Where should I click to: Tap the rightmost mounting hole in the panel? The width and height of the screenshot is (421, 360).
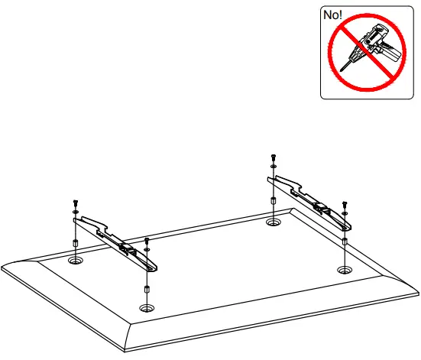tap(344, 271)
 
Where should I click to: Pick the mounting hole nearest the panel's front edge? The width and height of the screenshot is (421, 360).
tap(146, 307)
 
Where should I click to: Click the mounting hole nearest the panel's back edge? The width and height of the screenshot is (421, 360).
tap(273, 222)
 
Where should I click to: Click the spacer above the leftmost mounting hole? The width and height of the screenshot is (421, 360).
tap(75, 245)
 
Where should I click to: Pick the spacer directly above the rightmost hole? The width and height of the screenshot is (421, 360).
tap(345, 242)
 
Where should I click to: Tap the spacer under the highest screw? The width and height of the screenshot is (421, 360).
tap(273, 203)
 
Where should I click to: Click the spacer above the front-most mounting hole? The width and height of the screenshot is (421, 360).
tap(146, 291)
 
